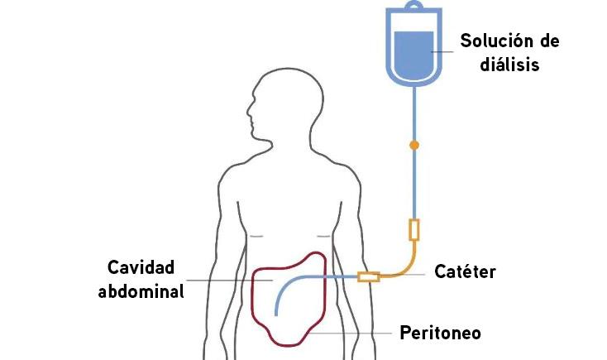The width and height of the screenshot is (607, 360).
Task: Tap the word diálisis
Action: (509, 64)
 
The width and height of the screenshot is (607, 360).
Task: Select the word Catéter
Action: (465, 271)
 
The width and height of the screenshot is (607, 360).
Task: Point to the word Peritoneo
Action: (440, 334)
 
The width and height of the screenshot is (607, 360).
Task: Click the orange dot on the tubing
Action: (414, 145)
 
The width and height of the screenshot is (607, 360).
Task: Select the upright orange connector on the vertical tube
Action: (414, 229)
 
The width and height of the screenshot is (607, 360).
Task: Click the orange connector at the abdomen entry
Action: (368, 276)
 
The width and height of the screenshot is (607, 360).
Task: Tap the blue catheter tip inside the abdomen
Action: (277, 310)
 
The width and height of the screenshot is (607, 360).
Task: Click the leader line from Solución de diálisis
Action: (443, 51)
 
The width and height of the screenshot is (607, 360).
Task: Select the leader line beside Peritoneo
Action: (347, 334)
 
